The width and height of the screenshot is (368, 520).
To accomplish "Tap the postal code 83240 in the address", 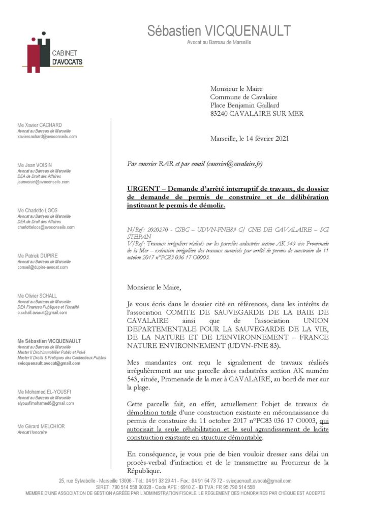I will (x=222, y=114).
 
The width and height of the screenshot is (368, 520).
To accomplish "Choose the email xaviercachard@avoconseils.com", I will (x=47, y=137).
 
